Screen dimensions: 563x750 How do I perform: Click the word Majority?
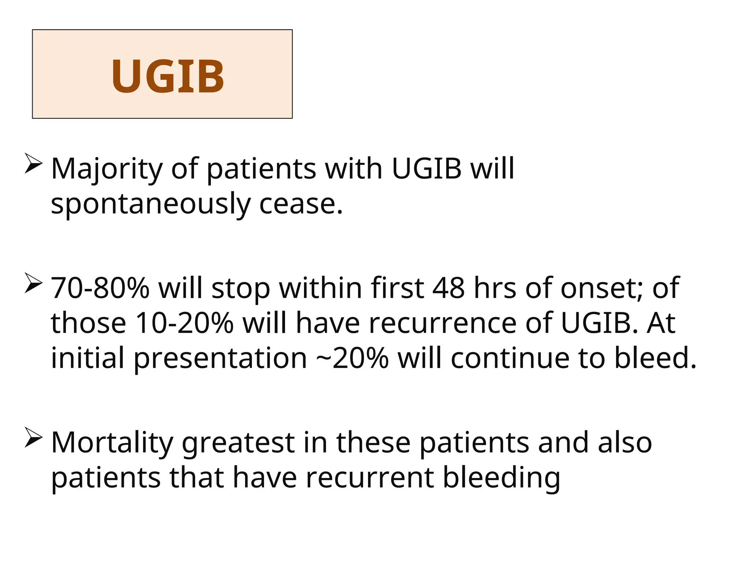[107, 169]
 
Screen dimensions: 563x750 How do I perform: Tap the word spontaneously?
[150, 204]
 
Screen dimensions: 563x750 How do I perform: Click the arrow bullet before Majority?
[34, 164]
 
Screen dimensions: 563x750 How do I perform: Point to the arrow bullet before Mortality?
[34, 438]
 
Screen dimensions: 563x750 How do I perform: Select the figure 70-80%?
[100, 288]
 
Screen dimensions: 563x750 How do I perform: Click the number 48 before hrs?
[448, 288]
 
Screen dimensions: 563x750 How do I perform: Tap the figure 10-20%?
[184, 323]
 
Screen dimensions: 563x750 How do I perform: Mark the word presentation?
[220, 358]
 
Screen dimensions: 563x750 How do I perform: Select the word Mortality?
[112, 443]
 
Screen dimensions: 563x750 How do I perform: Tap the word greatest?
[238, 443]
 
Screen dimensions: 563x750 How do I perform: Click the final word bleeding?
[501, 478]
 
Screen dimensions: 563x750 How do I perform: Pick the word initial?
[88, 358]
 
